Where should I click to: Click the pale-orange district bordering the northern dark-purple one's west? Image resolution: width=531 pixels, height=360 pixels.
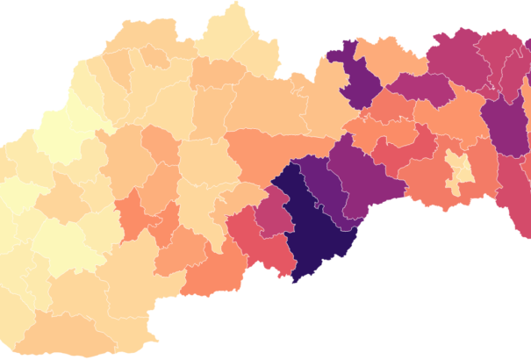[x=320, y=97]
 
